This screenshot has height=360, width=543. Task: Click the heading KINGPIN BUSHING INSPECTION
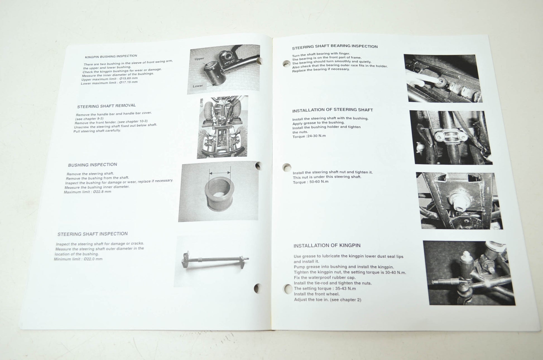click(x=111, y=56)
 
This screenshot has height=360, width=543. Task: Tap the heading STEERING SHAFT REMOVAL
click(x=106, y=106)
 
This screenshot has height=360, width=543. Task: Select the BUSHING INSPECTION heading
click(x=92, y=165)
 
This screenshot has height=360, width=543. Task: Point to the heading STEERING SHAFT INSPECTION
click(x=92, y=234)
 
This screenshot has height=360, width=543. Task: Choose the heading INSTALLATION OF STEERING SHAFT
click(x=333, y=110)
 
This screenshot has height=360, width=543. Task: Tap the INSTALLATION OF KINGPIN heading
click(x=327, y=245)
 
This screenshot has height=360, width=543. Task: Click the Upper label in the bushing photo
click(x=199, y=59)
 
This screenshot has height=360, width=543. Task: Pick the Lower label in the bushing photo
click(x=198, y=86)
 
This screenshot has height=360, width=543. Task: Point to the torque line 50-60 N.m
click(x=311, y=182)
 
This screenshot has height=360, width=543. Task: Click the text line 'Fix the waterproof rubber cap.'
click(x=325, y=278)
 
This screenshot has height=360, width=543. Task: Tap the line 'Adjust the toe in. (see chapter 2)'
click(x=328, y=300)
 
